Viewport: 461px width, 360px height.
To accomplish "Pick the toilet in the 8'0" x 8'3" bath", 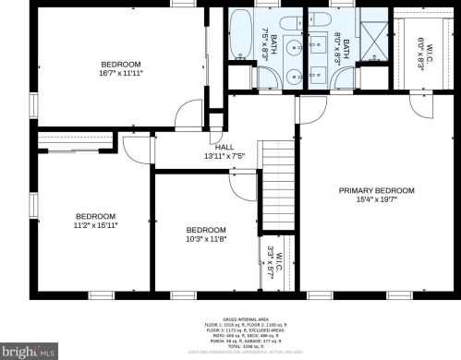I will pyautogui.click(x=317, y=21).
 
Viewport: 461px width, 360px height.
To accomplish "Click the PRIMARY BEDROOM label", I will pyautogui.click(x=376, y=190).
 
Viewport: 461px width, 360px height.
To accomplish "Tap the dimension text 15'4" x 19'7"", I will pyautogui.click(x=376, y=200).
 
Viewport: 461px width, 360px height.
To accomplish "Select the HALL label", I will pyautogui.click(x=224, y=147).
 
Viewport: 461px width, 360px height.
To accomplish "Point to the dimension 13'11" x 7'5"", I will pyautogui.click(x=224, y=157).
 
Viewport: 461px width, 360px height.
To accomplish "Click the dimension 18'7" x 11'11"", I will pyautogui.click(x=120, y=73).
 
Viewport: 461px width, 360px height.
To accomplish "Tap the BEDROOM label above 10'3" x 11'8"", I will pyautogui.click(x=205, y=230).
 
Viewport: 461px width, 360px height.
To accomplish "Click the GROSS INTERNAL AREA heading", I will pyautogui.click(x=231, y=317).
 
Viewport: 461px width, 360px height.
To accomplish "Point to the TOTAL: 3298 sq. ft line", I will pyautogui.click(x=231, y=344).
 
